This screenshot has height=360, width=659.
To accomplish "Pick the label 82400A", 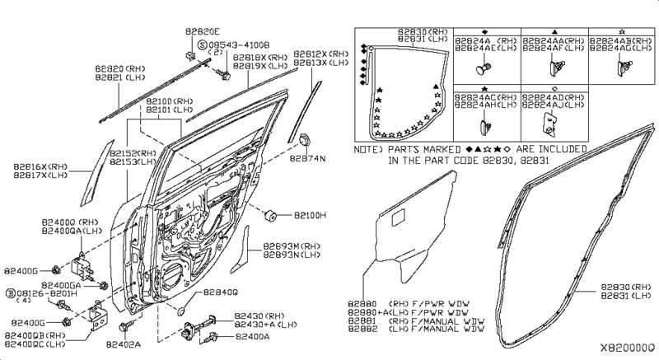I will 252,336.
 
